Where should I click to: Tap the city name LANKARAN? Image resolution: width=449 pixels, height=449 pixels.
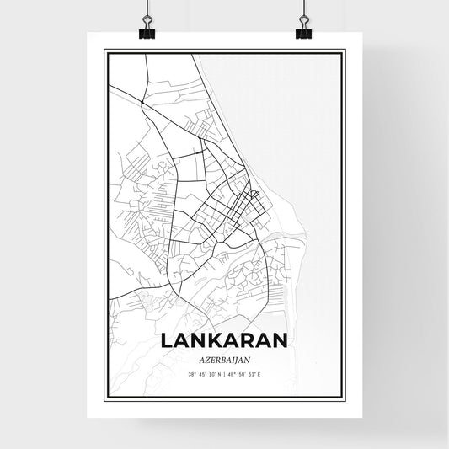225,339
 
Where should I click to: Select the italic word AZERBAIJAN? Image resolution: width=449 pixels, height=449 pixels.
225,357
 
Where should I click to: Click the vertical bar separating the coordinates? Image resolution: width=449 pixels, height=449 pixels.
225,373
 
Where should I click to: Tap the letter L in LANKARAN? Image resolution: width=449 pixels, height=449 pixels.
165,339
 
